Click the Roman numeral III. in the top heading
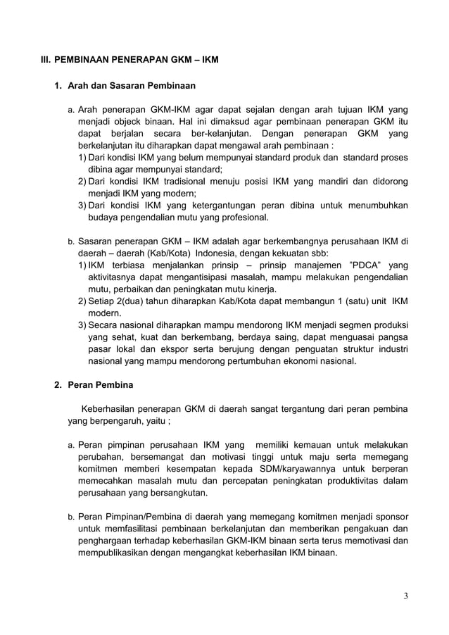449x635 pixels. tap(46, 60)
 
